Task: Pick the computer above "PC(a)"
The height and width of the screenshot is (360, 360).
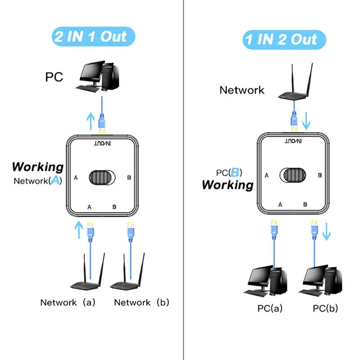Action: click(x=267, y=282)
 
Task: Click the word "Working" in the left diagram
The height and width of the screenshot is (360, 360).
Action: click(x=38, y=167)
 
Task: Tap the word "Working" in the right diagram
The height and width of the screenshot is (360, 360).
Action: click(x=227, y=185)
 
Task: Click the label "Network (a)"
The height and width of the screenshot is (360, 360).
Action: click(x=67, y=302)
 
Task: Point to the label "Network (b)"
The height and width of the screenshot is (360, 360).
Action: click(x=141, y=302)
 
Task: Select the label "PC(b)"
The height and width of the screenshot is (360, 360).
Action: click(x=325, y=309)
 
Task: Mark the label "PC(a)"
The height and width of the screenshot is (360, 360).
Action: click(x=270, y=309)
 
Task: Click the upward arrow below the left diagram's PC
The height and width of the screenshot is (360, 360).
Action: click(x=90, y=120)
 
